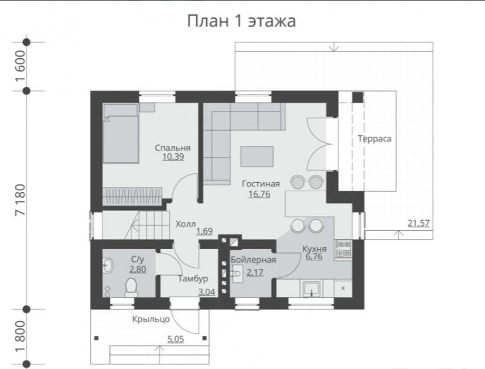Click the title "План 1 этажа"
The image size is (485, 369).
point(241,21)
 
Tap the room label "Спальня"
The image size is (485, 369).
point(173,148)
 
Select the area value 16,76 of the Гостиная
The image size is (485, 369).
point(259,194)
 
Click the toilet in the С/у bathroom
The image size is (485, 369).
point(131,288)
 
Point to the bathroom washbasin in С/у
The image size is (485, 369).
point(108,265)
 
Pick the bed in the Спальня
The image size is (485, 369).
point(120,133)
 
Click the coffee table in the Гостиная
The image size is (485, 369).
point(257,156)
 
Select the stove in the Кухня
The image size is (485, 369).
point(343,249)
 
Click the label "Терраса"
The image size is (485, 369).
point(375,139)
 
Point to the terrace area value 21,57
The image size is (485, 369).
point(419,223)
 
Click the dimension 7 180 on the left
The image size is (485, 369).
point(21,200)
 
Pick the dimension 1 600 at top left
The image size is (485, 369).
point(20,66)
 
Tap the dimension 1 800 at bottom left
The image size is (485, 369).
point(21,337)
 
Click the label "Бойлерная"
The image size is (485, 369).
point(253,260)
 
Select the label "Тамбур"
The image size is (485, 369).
point(193,279)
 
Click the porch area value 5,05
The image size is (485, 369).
point(176,340)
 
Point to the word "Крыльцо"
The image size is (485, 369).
point(151,319)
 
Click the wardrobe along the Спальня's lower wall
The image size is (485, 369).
point(132,196)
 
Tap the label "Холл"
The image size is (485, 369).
point(186,224)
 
